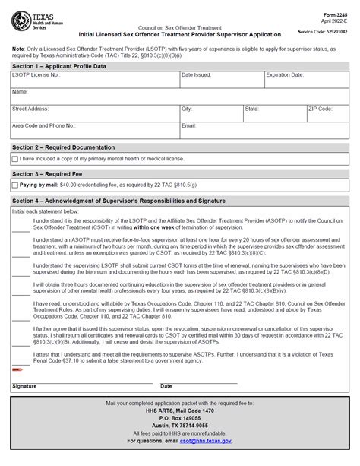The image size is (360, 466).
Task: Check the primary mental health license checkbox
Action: pos(15,159)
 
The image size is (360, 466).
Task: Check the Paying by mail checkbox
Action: pos(15,185)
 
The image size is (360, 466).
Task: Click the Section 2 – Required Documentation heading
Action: pos(64,146)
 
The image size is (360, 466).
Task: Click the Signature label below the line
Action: pos(24,386)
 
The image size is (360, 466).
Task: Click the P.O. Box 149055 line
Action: pos(180,417)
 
